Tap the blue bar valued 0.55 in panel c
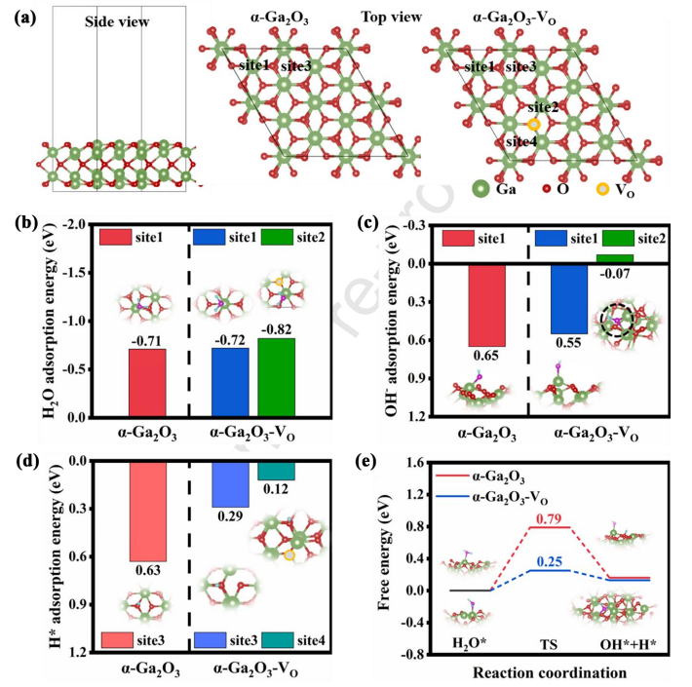click(568, 298)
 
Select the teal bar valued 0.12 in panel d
click(276, 471)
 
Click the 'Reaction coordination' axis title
click(552, 673)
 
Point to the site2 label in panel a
click(544, 106)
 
